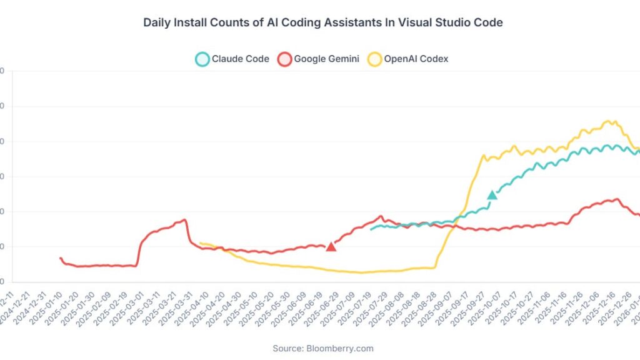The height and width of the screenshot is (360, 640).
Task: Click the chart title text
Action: (x=323, y=22)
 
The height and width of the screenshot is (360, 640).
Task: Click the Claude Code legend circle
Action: (x=202, y=59)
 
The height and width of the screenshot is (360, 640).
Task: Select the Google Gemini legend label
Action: (x=327, y=59)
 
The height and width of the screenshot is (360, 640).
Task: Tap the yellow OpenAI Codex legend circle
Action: (x=374, y=59)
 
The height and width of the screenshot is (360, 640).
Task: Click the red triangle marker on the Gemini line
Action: (x=331, y=246)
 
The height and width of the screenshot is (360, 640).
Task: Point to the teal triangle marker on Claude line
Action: (x=492, y=195)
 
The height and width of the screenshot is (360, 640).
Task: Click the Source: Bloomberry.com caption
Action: (x=323, y=348)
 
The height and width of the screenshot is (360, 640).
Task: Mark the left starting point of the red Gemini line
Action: (x=61, y=257)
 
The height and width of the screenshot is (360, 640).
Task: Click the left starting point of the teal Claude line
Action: (x=371, y=229)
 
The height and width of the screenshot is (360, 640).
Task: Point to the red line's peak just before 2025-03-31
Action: (x=185, y=219)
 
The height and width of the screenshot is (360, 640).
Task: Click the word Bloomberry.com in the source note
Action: (x=340, y=348)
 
